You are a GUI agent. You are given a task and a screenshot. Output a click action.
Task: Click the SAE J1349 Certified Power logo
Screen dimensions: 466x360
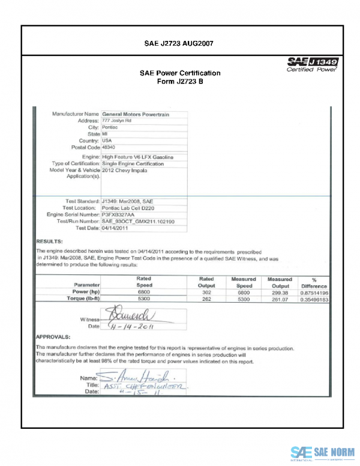312,65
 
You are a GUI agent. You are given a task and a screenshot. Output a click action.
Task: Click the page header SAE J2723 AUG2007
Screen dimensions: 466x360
179,44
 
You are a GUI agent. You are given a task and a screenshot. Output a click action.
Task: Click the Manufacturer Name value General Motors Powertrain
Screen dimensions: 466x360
137,113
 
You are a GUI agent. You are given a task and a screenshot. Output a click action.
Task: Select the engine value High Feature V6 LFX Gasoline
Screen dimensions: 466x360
137,157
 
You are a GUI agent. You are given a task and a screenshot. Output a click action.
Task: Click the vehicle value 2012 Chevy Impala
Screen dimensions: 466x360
124,171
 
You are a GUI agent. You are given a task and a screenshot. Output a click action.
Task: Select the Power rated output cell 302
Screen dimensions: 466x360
206,291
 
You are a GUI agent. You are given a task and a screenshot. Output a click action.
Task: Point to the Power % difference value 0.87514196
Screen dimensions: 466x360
314,291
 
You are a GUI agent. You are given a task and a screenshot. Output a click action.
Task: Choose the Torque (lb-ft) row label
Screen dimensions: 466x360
83,298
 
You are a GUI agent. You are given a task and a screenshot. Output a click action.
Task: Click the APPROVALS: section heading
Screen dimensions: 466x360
53,337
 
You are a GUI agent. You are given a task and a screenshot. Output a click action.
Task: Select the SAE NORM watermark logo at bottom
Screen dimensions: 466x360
322,452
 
